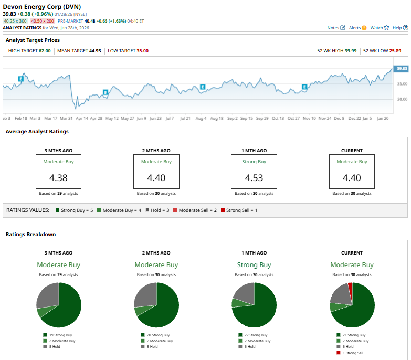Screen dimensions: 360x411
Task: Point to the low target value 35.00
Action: click(142, 51)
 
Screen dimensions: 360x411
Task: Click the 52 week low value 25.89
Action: click(395, 51)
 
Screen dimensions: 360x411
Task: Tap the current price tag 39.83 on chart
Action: click(402, 68)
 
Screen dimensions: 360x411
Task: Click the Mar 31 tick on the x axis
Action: click(66, 118)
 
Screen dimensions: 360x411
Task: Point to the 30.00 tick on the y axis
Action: click(402, 99)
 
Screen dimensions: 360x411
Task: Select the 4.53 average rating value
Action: click(254, 177)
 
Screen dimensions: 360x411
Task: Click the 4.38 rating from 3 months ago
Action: click(58, 177)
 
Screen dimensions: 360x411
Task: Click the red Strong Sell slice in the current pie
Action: click(350, 290)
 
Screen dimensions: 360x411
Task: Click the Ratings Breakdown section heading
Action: click(30, 234)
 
